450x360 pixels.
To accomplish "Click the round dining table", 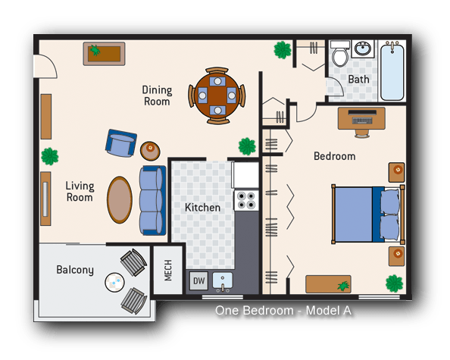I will pos(217,95).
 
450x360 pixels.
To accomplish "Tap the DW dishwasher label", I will pos(198,280).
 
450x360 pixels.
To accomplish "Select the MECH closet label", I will pos(168,269).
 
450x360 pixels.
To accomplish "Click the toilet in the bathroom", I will pos(339,55).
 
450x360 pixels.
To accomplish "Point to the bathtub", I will pos(392,71).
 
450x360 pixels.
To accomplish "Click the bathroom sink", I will pos(364,50).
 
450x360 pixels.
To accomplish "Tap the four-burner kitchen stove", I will pos(246,200).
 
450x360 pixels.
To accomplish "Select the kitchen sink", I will pos(223,280).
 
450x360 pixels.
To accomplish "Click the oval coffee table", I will pos(119,199).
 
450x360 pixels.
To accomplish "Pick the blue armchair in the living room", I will pos(121,142).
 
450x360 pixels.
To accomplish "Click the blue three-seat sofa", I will pos(152,200).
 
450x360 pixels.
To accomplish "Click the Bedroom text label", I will pos(334,156).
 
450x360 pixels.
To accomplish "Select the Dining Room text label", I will pos(157,95).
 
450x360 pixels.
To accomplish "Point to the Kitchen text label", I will pos(203,207).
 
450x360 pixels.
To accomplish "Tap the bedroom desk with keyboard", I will pos(361,117).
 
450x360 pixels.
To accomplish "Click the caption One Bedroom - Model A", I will pos(283,310).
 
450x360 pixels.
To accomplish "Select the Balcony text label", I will pos(75,270).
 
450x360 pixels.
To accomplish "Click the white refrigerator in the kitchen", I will pos(245,174).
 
